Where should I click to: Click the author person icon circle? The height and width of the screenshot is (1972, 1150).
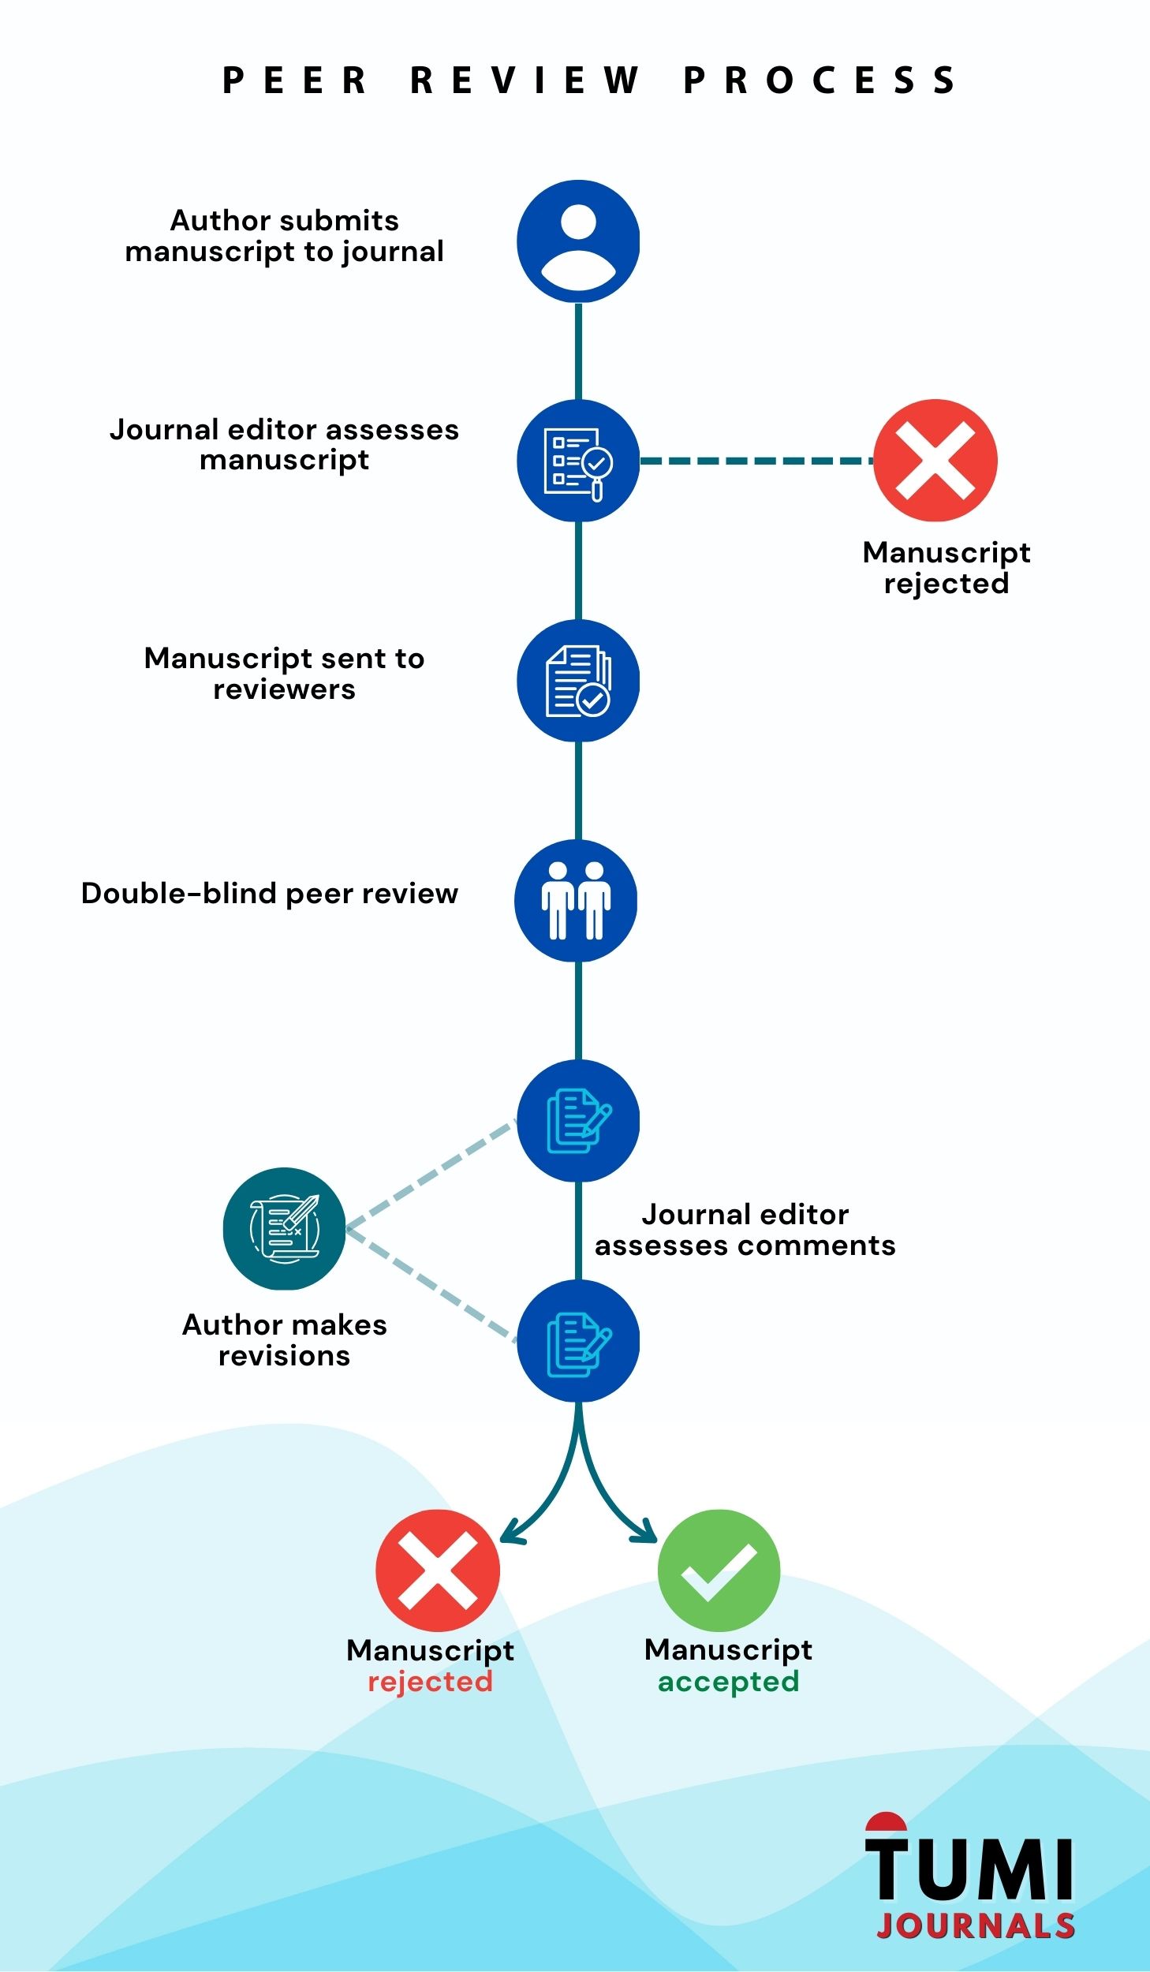pyautogui.click(x=578, y=241)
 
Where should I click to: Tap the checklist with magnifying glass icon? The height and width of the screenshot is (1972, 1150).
pyautogui.click(x=578, y=461)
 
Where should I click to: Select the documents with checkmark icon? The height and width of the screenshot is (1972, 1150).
pyautogui.click(x=578, y=681)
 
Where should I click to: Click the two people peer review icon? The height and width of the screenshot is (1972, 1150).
pyautogui.click(x=576, y=901)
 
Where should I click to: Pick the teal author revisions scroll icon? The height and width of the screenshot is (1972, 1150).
pyautogui.click(x=284, y=1229)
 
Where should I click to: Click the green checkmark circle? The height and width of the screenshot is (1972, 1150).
pyautogui.click(x=719, y=1571)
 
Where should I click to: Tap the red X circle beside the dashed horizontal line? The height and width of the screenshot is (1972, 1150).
pyautogui.click(x=935, y=461)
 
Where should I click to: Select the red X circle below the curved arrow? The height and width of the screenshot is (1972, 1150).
pyautogui.click(x=438, y=1571)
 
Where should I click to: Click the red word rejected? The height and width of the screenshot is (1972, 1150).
pyautogui.click(x=430, y=1681)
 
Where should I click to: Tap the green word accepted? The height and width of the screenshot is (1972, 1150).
pyautogui.click(x=728, y=1681)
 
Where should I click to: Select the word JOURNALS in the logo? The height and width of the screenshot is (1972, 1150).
pyautogui.click(x=976, y=1925)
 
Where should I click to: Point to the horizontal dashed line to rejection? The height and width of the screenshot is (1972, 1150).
pyautogui.click(x=756, y=461)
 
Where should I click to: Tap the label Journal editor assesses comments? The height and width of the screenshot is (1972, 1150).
pyautogui.click(x=745, y=1230)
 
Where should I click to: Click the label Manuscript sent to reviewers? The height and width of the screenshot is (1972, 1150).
pyautogui.click(x=284, y=674)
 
